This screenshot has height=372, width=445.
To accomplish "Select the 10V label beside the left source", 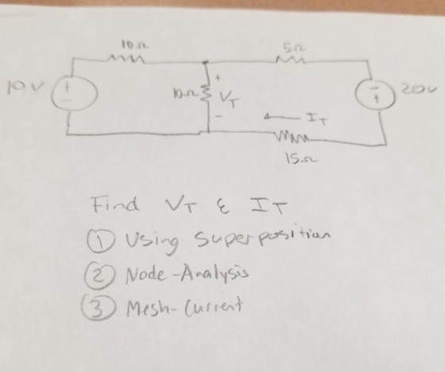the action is tap(25, 87).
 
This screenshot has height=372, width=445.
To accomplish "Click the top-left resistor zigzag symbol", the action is tap(127, 59).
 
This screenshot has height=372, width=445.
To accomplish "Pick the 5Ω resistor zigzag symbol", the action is tap(290, 60).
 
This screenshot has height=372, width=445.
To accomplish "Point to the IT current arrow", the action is tap(281, 116).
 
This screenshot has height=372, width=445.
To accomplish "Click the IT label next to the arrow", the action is tap(317, 118).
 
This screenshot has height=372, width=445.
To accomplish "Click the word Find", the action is tap(115, 203).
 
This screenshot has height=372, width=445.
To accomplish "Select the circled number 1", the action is tap(101, 239).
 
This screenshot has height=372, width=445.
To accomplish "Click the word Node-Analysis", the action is tap(188, 274).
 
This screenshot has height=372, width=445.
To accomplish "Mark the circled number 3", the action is tap(99, 309).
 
